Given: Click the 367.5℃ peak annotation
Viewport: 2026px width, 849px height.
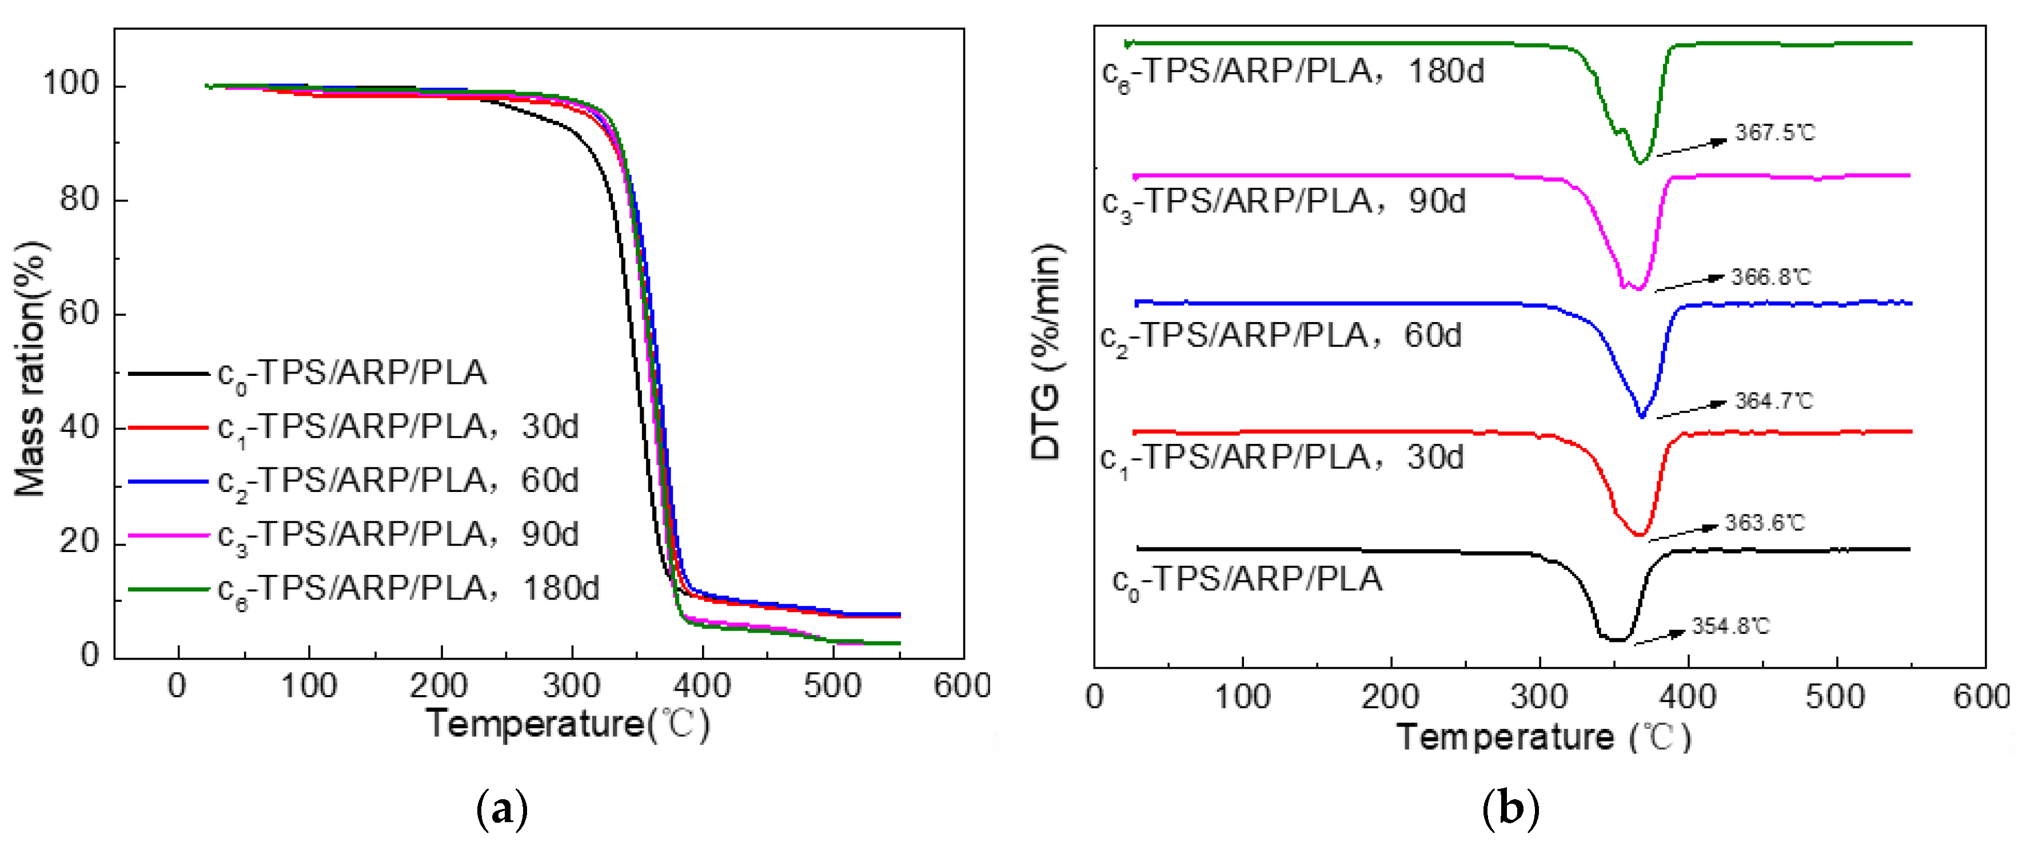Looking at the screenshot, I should coord(1774,132).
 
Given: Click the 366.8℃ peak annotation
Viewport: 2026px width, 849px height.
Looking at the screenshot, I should coord(1770,277).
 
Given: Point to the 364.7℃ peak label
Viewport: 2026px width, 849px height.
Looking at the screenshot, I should coord(1773,401).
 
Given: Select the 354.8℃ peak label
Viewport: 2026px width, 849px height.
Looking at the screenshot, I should coord(1730,626).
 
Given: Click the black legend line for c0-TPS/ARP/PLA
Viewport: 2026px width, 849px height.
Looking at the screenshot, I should coord(167,374).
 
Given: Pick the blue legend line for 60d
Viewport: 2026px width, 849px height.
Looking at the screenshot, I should coord(167,481).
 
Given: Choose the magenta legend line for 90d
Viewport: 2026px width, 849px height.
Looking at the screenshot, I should coord(167,535).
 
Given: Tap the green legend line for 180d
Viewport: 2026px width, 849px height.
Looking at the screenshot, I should coord(167,589).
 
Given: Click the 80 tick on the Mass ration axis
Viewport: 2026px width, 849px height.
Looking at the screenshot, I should coord(79,199).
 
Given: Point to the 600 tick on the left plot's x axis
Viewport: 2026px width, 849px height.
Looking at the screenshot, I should coord(961,686).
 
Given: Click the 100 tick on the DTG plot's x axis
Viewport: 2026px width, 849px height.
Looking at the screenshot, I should coord(1242,697).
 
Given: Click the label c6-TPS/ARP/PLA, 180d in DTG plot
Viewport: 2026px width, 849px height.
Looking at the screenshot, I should coord(1292,73).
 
